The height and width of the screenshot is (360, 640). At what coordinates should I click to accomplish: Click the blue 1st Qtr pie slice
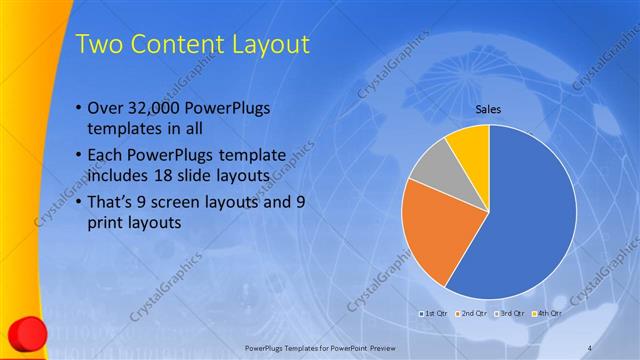pyautogui.click(x=530, y=215)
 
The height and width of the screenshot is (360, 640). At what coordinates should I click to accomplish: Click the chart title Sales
pyautogui.click(x=488, y=110)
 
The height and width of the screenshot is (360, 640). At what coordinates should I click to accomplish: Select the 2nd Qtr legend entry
pyautogui.click(x=471, y=313)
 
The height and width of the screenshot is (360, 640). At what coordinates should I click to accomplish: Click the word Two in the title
pyautogui.click(x=100, y=45)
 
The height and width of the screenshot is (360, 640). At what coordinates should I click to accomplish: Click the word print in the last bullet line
pyautogui.click(x=105, y=223)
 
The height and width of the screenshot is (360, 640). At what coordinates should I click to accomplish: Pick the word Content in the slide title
pyautogui.click(x=180, y=45)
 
